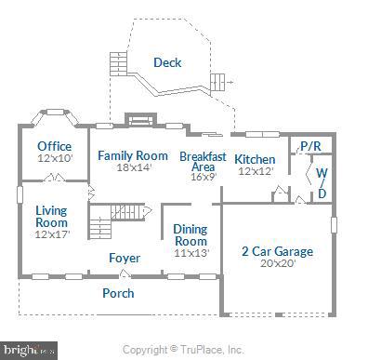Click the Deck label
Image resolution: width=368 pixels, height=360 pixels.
[x=167, y=63]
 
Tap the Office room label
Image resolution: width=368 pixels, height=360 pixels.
[x=54, y=146]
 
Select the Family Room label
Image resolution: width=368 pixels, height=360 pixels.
[x=133, y=155]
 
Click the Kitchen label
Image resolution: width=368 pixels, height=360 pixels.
[x=254, y=159]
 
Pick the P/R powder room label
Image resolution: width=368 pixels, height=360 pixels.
[x=309, y=147]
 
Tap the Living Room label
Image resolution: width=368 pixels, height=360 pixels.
[x=52, y=217]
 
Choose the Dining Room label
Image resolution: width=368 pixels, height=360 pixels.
[x=191, y=235]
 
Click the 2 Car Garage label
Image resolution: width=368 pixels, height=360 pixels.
[x=277, y=251]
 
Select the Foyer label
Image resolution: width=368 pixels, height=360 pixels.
[x=125, y=258]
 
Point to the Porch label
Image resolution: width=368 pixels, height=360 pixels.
[x=118, y=293]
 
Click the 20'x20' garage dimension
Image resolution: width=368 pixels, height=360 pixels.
[x=276, y=263]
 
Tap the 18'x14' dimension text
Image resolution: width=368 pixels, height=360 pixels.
[x=133, y=168]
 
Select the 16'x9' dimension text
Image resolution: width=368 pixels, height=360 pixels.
[x=203, y=176]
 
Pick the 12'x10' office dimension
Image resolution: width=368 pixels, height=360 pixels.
[x=54, y=158]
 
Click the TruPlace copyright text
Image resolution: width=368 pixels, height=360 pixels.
[x=183, y=350]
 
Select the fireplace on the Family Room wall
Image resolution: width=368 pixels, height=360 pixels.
[x=138, y=119]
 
